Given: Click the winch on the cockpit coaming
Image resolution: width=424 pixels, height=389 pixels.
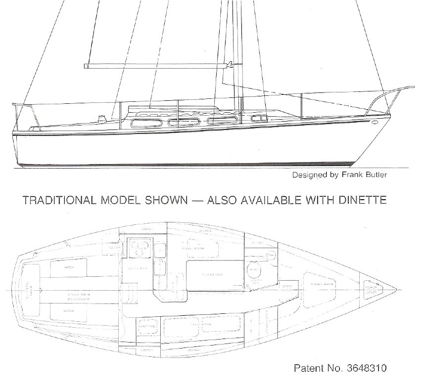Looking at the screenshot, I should (x=104, y=118).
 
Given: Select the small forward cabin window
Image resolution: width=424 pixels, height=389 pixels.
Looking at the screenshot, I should (x=256, y=119).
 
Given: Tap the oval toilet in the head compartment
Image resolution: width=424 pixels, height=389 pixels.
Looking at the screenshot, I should (x=253, y=267).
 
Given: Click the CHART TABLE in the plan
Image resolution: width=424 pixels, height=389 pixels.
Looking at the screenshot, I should (x=147, y=326).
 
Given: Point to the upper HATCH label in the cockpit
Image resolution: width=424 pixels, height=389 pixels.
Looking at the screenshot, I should (x=68, y=267).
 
